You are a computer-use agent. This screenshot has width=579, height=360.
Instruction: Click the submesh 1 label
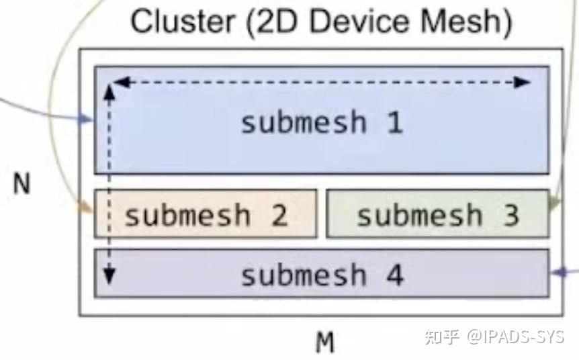[x=321, y=123]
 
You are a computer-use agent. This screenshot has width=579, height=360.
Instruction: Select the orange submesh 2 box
[x=205, y=214]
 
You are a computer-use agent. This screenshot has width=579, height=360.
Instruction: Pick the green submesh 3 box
[x=437, y=214]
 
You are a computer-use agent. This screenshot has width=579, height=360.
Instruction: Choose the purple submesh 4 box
[x=321, y=273]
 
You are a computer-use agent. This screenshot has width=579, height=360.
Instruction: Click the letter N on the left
[x=21, y=183]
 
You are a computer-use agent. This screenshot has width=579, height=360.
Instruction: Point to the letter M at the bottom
[x=325, y=343]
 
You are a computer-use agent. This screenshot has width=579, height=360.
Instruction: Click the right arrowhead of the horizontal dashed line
[x=523, y=83]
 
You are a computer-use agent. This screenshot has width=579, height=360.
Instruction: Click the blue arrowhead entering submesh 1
[x=85, y=120]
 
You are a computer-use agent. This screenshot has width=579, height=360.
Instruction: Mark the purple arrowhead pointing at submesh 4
[x=557, y=272]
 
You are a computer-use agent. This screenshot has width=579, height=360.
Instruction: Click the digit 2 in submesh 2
[x=279, y=216]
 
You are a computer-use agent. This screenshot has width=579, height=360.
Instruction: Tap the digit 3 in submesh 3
[x=510, y=216]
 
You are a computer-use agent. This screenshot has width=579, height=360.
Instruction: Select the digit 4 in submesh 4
[x=394, y=275]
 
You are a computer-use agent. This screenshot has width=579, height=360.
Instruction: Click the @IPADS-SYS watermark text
[x=516, y=336]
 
